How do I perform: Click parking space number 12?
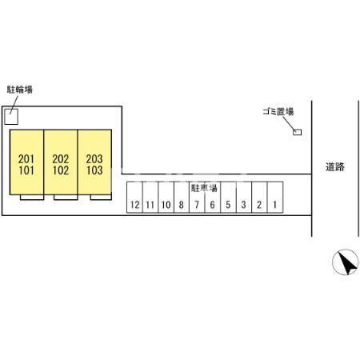(x=134, y=198)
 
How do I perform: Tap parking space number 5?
(x=228, y=198)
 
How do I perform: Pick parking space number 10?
(x=166, y=198)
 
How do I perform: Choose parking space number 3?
(x=244, y=198)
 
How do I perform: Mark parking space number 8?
(x=182, y=198)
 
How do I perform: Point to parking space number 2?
(x=259, y=198)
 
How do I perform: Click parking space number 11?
(x=150, y=198)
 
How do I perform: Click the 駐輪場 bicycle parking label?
(x=20, y=90)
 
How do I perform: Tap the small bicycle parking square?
(x=11, y=117)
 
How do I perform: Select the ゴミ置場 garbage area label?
(x=278, y=111)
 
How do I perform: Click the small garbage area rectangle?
(x=298, y=132)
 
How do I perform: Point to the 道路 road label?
(x=335, y=167)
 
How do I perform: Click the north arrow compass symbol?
(x=346, y=262)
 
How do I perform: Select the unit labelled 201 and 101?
(x=26, y=162)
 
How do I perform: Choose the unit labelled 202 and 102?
(x=61, y=162)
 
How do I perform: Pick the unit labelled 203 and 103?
(x=94, y=162)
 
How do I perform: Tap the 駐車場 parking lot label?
(x=204, y=188)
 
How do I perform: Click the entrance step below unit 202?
(x=66, y=198)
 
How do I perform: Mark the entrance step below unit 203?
(x=101, y=198)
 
